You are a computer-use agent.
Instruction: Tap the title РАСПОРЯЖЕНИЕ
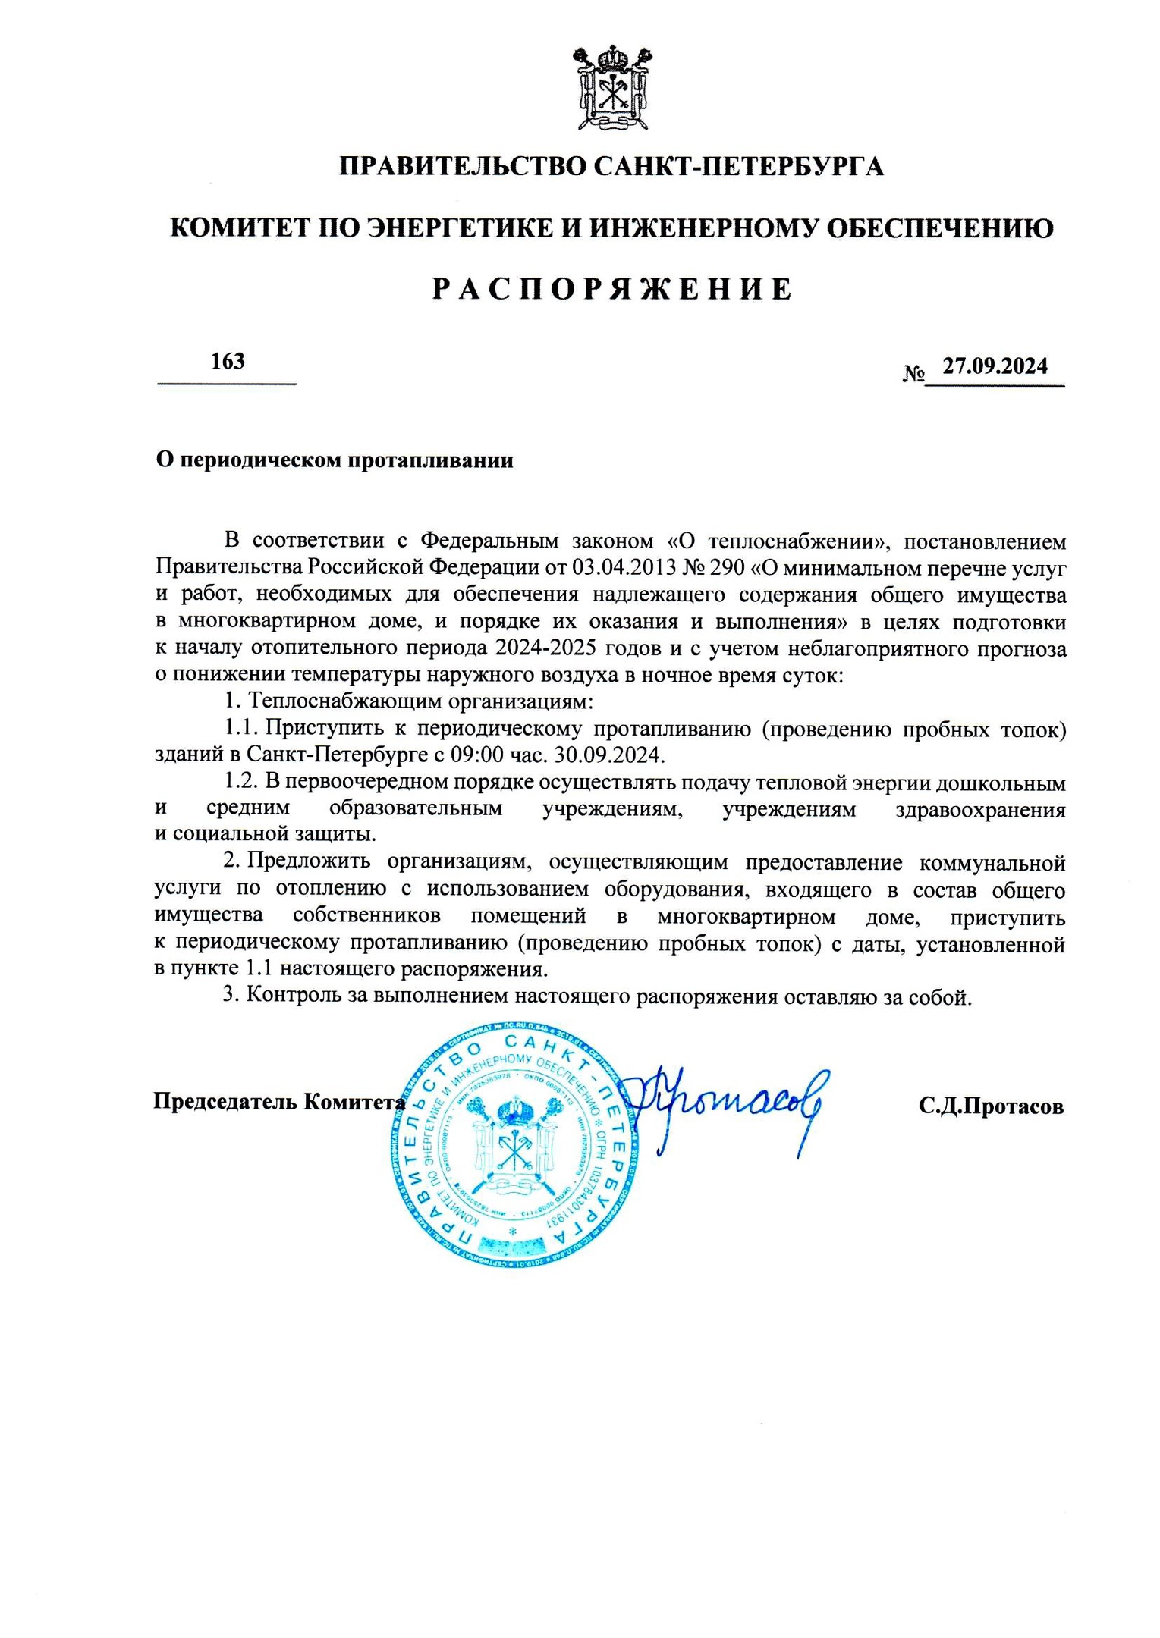[x=611, y=290]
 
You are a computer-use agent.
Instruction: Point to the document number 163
[x=228, y=361]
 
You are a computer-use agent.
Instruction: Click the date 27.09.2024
[x=995, y=366]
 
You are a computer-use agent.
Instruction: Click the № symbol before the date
[x=913, y=373]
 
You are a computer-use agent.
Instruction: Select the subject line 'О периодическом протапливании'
[x=335, y=460]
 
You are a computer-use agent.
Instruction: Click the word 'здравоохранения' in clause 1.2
[x=980, y=809]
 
